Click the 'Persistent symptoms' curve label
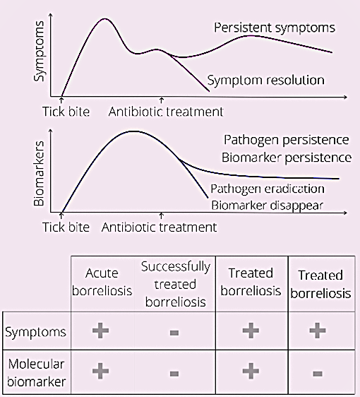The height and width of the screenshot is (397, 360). [x=275, y=28]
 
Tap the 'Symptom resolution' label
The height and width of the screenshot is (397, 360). [x=265, y=81]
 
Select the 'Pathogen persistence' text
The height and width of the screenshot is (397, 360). [x=287, y=140]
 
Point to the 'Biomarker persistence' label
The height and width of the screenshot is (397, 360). [x=287, y=158]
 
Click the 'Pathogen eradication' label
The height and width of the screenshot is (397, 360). [x=268, y=189]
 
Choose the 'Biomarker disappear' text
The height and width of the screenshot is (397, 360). [x=267, y=206]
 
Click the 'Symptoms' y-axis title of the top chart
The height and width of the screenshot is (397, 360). [x=39, y=51]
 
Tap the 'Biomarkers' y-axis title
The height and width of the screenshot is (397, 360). [x=39, y=174]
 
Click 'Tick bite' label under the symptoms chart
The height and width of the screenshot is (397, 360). [x=66, y=112]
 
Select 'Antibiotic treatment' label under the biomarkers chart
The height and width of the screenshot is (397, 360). [x=159, y=227]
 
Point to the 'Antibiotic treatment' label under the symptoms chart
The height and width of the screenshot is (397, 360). [x=166, y=112]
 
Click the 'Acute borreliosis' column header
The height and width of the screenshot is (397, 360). [x=102, y=282]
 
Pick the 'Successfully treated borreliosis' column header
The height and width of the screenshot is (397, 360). [x=176, y=284]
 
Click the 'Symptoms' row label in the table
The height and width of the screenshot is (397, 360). [x=35, y=332]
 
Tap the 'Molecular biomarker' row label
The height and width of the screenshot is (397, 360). [x=37, y=373]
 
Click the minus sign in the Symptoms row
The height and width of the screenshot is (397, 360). [x=174, y=332]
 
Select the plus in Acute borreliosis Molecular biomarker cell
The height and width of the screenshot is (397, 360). [x=101, y=371]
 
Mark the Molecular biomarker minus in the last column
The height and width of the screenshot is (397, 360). [x=318, y=374]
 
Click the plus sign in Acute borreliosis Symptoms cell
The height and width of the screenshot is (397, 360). [x=101, y=331]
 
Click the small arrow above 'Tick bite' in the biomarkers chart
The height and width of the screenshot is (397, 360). [x=61, y=215]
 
